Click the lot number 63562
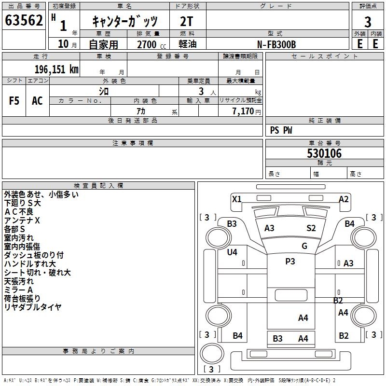(x=24, y=21)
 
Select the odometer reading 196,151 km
(x=56, y=69)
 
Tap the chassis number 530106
(x=324, y=153)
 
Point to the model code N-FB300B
(x=276, y=44)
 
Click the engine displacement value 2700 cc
(x=147, y=44)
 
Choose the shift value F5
(x=14, y=101)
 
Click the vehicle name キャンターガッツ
(x=124, y=21)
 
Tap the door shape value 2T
(x=187, y=21)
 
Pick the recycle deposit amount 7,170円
(x=246, y=111)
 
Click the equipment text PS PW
(x=281, y=130)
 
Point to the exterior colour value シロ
(x=104, y=91)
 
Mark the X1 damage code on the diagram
(x=236, y=199)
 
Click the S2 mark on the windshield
(x=311, y=228)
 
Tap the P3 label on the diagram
(x=290, y=261)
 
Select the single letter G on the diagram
(x=304, y=246)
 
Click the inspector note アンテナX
(x=23, y=220)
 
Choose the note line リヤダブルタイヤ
(x=33, y=307)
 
